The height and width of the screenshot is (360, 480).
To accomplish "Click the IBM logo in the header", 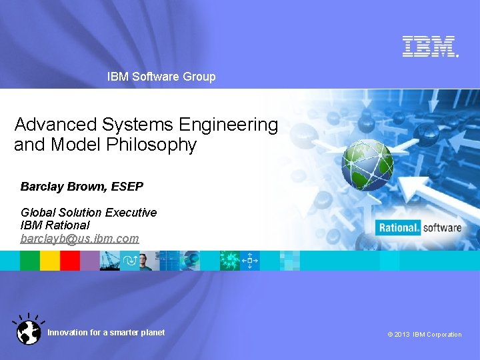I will [x=429, y=46].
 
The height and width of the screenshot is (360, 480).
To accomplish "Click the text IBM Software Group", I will [x=161, y=77].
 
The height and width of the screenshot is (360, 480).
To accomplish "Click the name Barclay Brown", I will [x=63, y=187].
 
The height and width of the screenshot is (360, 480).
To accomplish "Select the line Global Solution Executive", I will [x=89, y=213].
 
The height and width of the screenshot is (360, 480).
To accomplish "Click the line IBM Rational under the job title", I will [x=55, y=225].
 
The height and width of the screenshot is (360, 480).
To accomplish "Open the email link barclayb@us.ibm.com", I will [x=79, y=238].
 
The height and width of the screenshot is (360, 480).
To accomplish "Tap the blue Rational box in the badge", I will [x=399, y=228].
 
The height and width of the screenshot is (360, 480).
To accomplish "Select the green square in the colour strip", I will [x=30, y=261].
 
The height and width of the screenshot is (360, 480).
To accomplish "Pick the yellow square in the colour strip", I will [x=50, y=261].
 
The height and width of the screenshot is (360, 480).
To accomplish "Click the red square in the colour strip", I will [x=70, y=261].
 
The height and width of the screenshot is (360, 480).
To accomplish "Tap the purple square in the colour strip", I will [x=89, y=261].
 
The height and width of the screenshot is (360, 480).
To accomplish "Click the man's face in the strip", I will [x=145, y=261].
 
